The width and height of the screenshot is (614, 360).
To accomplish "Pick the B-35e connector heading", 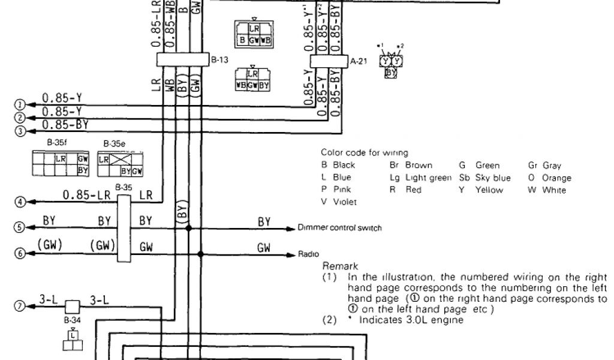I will (x=113, y=143).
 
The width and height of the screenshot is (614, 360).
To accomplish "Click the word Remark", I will (x=340, y=266).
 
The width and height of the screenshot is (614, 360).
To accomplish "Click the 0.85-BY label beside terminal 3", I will (x=65, y=124).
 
